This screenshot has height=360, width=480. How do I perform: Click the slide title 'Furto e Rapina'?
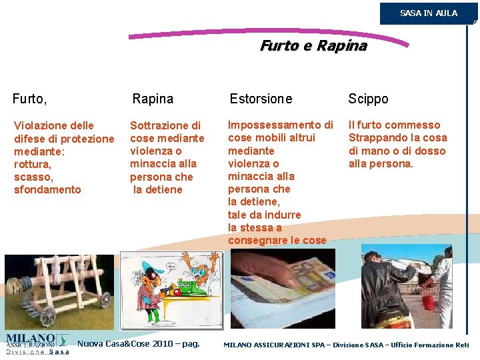tap(313, 46)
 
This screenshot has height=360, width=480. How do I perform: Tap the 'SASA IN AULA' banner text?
tap(429, 13)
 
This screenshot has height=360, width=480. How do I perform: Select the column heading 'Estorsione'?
tap(261, 99)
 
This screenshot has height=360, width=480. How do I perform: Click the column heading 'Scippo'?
tap(368, 99)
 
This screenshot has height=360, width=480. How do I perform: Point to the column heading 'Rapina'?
tap(153, 99)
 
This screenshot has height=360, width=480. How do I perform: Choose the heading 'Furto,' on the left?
tap(29, 99)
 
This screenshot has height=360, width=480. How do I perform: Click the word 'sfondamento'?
tap(47, 190)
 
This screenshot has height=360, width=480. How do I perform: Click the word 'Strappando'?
tap(379, 138)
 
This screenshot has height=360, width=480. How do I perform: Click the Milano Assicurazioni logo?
tap(37, 343)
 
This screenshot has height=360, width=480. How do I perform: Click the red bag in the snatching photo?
tap(427, 302)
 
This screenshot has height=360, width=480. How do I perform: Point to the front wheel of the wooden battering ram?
tap(105, 301)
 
